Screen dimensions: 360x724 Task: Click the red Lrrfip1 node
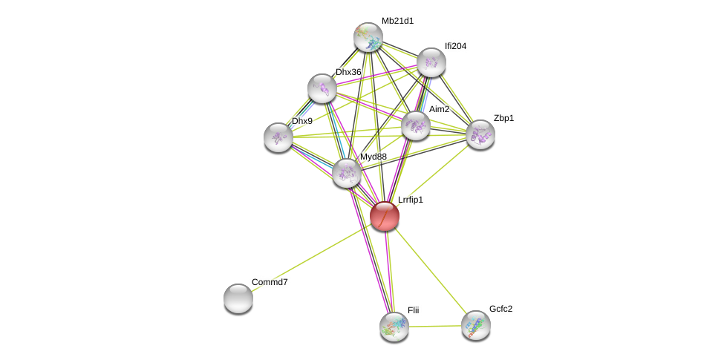click(385, 216)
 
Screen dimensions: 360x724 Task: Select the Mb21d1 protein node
click(368, 37)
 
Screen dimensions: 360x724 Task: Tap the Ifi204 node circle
click(431, 62)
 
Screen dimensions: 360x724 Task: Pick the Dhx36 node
click(322, 88)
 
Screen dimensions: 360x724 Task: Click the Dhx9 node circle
click(278, 137)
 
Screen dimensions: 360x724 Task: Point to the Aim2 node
click(416, 125)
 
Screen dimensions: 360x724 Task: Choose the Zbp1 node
click(480, 134)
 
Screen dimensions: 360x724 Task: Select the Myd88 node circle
click(347, 173)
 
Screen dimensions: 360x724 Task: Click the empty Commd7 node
click(238, 298)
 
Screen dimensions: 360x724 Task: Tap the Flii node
click(394, 326)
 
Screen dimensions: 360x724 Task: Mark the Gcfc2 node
click(476, 325)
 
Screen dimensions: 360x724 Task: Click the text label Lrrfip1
click(410, 200)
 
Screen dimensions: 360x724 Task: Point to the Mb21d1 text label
click(397, 21)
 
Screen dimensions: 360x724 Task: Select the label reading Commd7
click(270, 282)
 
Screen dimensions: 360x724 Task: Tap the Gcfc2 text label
click(500, 309)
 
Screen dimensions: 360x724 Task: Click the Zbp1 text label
click(503, 118)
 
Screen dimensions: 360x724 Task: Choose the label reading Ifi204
click(455, 46)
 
